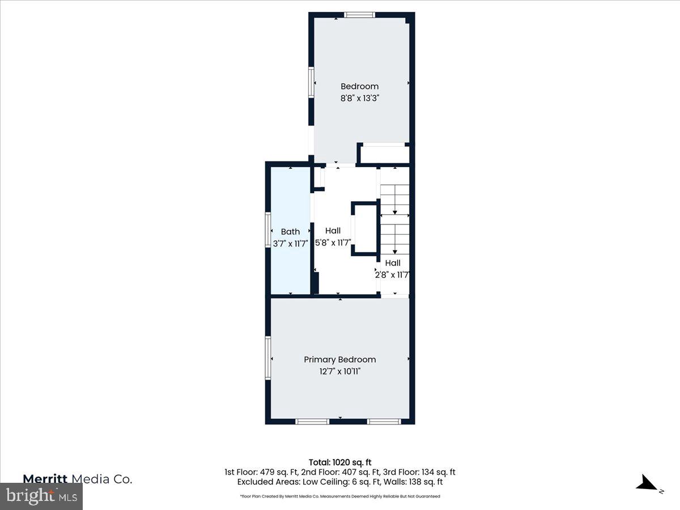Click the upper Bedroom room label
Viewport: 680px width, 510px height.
359,87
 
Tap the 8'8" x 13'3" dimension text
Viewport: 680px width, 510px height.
359,98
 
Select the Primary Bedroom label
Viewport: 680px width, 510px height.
339,360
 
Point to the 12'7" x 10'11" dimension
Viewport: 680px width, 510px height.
339,372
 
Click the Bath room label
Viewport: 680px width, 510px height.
290,232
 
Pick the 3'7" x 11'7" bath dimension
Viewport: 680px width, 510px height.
290,244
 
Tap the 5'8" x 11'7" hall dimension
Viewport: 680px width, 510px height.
333,243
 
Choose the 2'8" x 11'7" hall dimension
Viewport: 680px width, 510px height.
392,275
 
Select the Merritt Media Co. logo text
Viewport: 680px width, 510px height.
78,479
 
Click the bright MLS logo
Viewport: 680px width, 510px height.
41,496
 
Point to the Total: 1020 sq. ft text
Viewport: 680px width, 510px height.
340,462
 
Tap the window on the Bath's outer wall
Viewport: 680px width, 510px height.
269,229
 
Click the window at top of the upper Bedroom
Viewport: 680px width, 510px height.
359,15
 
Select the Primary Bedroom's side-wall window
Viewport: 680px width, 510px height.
268,357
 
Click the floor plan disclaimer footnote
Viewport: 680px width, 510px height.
340,496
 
